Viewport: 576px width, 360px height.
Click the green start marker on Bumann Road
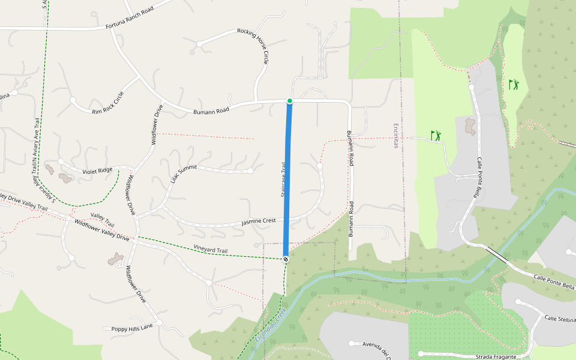click(x=290, y=101)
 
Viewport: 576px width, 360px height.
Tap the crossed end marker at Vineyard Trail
click(x=286, y=259)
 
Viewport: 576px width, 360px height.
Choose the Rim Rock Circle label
click(x=108, y=103)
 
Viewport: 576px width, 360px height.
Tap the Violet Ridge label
click(x=97, y=171)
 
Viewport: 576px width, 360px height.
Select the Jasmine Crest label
click(x=258, y=221)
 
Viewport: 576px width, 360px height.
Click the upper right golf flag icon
click(x=514, y=85)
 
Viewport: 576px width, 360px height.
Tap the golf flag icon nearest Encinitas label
click(x=436, y=136)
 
